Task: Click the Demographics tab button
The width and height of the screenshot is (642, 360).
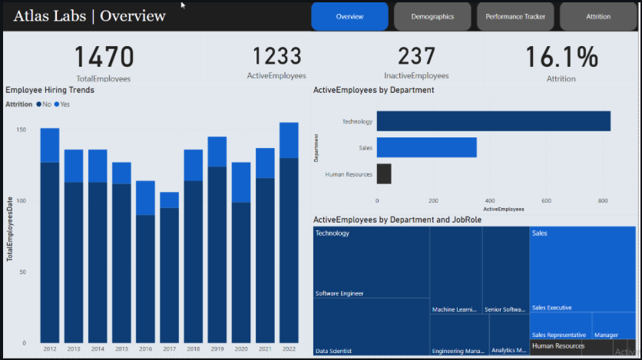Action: coord(432,16)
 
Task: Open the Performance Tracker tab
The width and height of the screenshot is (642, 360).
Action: coord(515,16)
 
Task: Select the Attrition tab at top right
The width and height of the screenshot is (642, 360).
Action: coord(598,16)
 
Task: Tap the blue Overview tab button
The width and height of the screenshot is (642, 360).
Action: coord(349,16)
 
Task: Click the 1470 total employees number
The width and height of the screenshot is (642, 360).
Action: coord(104,58)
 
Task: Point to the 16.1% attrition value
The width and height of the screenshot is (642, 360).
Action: coord(561,58)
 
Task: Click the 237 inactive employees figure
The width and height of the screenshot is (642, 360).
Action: coord(416,56)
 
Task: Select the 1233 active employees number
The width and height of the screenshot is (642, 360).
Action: coord(276,56)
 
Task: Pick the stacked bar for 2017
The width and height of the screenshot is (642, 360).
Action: coord(169,269)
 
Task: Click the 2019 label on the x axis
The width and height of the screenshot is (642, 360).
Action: coord(217,349)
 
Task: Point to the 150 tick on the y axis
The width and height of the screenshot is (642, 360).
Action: coord(21,130)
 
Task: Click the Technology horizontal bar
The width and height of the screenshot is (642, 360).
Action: coord(493,121)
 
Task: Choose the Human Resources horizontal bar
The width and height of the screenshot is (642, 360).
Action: coord(383,173)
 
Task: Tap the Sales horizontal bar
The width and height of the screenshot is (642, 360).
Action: coord(426,147)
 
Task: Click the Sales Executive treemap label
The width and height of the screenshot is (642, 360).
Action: coord(551,308)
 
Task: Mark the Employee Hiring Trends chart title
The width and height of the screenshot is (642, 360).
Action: coord(50,91)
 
